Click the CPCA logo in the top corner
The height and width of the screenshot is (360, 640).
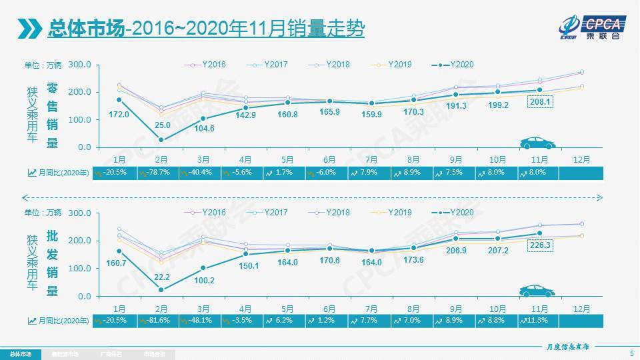pyautogui.click(x=591, y=27)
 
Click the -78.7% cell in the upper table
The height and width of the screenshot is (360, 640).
pyautogui.click(x=157, y=172)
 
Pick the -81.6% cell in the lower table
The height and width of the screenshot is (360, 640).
pyautogui.click(x=157, y=321)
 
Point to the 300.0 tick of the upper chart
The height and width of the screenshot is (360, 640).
pyautogui.click(x=79, y=65)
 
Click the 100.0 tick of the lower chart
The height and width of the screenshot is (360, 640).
pyautogui.click(x=79, y=268)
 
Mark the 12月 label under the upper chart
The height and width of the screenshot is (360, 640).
pyautogui.click(x=581, y=159)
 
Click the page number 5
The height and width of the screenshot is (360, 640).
pyautogui.click(x=631, y=353)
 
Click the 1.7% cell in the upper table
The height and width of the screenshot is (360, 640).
pyautogui.click(x=285, y=172)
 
